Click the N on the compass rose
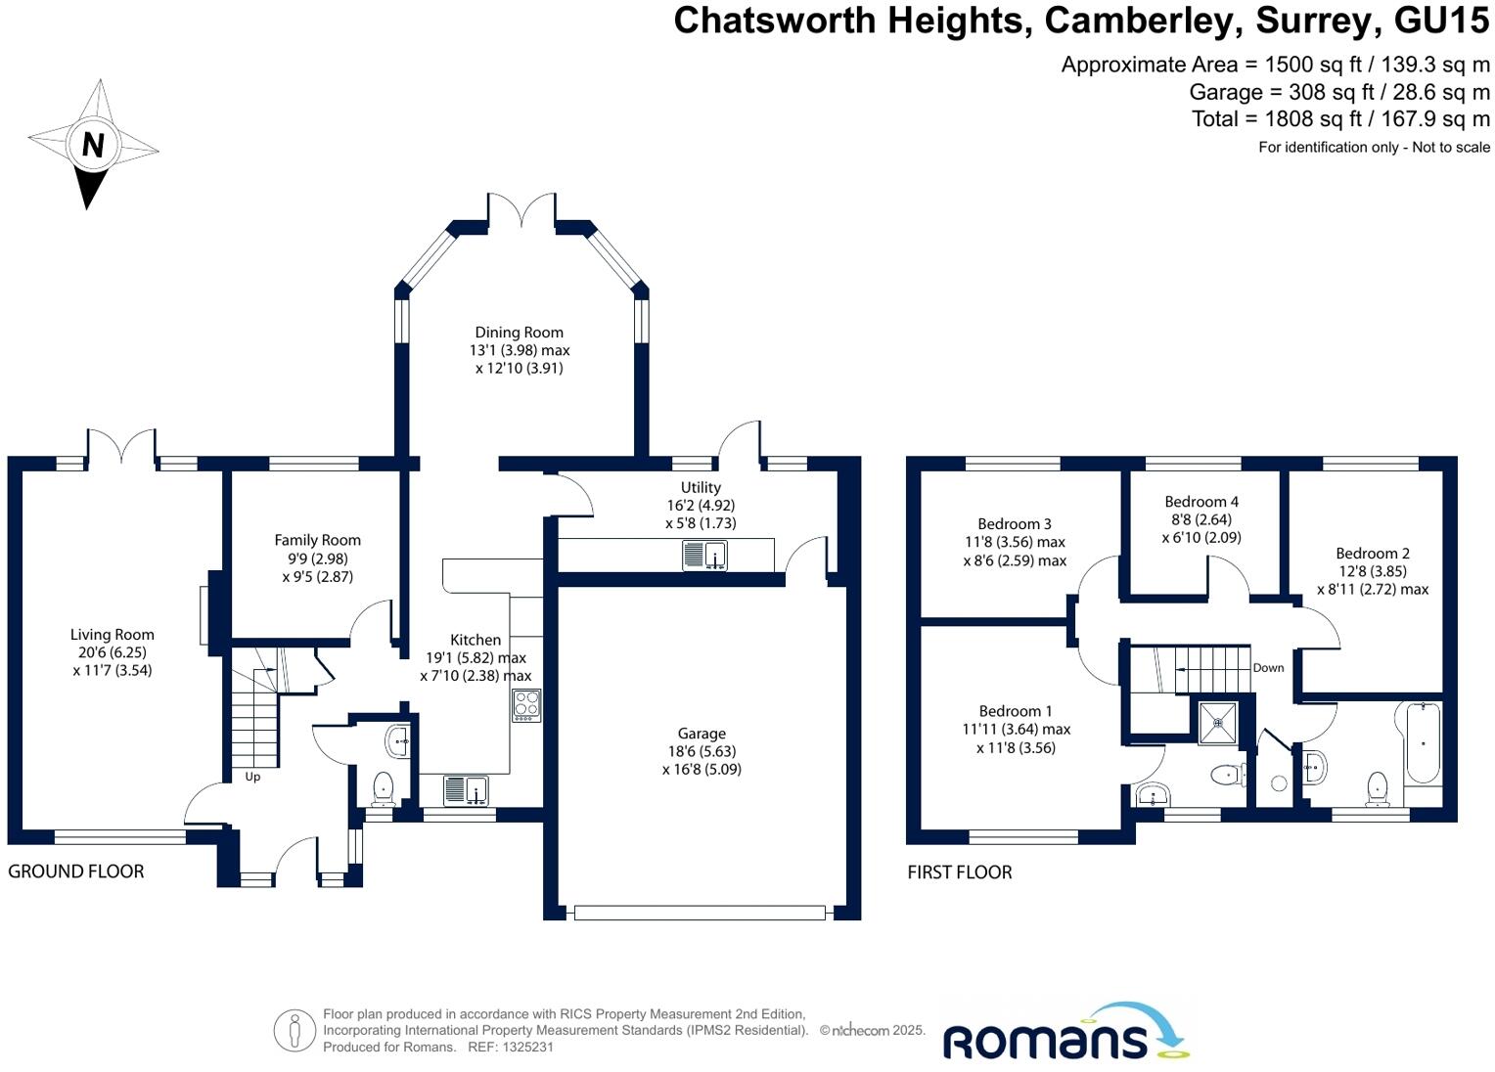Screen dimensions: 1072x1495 coord(93,145)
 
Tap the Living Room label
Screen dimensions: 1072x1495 coord(112,635)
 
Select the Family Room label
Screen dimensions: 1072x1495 coord(317,540)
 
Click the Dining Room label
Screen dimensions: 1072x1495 coord(519,333)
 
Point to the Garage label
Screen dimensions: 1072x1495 coord(702,734)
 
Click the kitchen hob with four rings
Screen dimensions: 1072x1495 coord(526,705)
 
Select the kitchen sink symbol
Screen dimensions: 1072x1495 coord(466,789)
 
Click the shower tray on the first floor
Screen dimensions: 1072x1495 coord(1218,723)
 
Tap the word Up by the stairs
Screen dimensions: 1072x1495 coord(252,777)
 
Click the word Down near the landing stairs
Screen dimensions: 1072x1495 coord(1268,668)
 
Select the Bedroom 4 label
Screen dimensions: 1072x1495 coord(1201,502)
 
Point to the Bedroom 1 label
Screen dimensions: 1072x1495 coord(1016,711)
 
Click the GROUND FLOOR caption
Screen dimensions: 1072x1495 coord(76,871)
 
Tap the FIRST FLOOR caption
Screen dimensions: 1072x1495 coord(959,872)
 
